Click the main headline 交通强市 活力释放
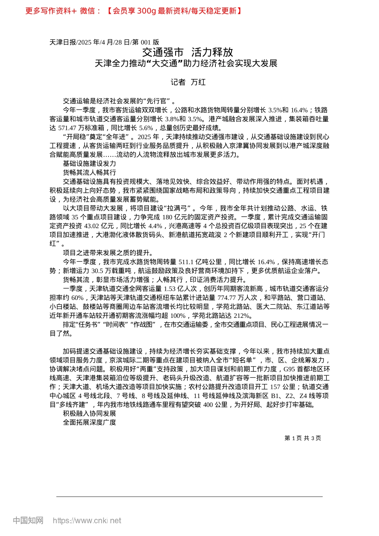(x=188, y=52)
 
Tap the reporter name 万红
(x=198, y=82)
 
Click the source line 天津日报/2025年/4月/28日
(x=104, y=42)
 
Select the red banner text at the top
(x=133, y=11)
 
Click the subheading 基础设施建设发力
(x=89, y=164)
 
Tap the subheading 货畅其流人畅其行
(x=89, y=172)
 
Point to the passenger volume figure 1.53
(x=170, y=289)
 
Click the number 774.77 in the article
(x=226, y=298)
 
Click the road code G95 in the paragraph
(x=290, y=369)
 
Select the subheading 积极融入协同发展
(x=89, y=414)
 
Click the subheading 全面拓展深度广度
(x=89, y=422)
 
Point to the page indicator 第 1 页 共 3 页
(x=302, y=438)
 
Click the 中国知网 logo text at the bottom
(x=28, y=520)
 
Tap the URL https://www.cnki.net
(x=87, y=520)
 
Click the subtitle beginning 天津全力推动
(x=186, y=63)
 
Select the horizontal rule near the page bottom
(x=189, y=497)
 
